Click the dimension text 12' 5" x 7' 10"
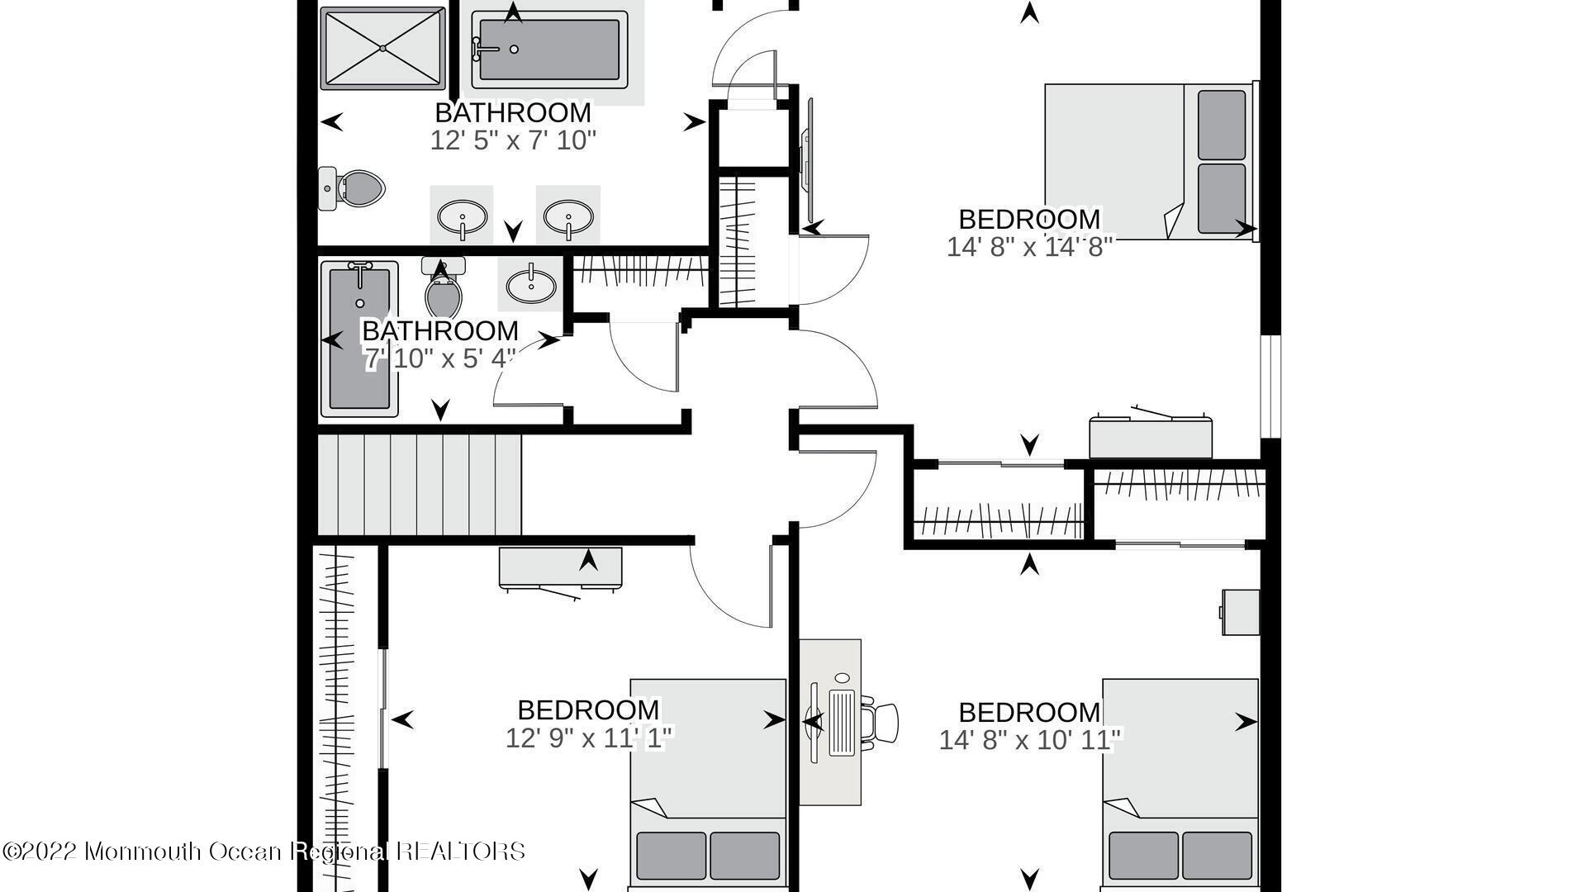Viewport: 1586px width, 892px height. (512, 140)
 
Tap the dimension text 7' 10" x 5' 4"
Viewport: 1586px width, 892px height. (440, 359)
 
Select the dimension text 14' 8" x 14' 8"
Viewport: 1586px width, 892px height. (1029, 247)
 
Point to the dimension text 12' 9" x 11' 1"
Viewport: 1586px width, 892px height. (589, 737)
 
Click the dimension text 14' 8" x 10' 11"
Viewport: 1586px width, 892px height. (1030, 739)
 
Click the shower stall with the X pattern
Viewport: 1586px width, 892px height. (383, 47)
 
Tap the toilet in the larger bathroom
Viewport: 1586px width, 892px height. (353, 188)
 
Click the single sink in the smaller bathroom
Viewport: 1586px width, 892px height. (530, 285)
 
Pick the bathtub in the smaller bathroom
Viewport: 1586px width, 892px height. (359, 339)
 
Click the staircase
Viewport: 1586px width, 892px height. (420, 485)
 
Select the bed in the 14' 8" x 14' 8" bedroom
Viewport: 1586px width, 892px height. (1151, 161)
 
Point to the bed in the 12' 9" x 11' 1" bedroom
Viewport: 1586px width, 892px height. (708, 785)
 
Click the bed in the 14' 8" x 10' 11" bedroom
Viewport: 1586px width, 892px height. (1180, 785)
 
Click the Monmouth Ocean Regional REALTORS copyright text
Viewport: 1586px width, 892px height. (264, 851)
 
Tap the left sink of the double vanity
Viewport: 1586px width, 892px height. (462, 216)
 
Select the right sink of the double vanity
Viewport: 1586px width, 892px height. (568, 216)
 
